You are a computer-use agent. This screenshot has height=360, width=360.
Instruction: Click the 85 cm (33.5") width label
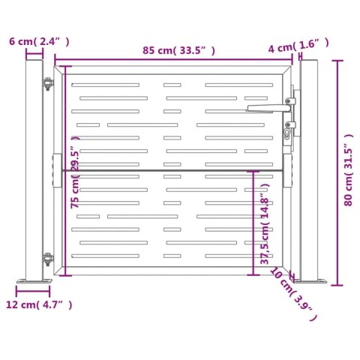click(178, 50)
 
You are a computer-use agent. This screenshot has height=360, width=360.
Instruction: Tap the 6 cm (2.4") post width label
click(39, 41)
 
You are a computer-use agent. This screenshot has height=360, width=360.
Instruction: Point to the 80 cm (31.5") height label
click(349, 170)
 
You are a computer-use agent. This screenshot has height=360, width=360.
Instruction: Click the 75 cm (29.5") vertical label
click(75, 172)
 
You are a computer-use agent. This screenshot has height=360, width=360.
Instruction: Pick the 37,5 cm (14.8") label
click(265, 224)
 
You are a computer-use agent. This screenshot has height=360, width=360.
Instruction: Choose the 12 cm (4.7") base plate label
click(39, 304)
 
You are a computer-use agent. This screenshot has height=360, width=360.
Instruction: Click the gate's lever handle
click(268, 108)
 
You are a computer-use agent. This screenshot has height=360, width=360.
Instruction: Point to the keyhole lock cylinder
click(287, 133)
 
